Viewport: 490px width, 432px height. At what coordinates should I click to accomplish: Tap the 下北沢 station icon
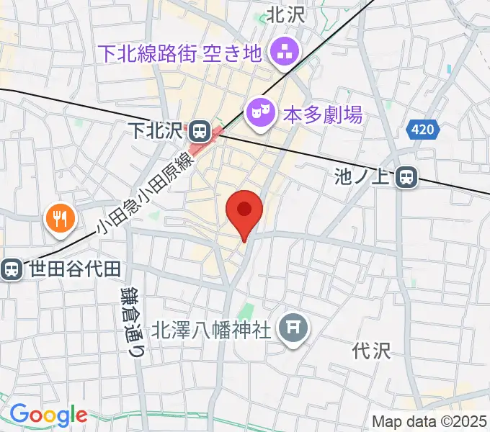tap(200, 131)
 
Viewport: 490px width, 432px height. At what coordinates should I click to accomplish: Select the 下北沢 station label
tap(156, 131)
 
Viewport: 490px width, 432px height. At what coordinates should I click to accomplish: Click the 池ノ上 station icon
tap(408, 176)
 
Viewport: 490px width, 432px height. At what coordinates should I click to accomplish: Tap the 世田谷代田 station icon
tap(12, 269)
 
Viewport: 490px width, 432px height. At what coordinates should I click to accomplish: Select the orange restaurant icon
tap(58, 217)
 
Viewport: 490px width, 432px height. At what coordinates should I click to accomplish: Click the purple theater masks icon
tap(259, 112)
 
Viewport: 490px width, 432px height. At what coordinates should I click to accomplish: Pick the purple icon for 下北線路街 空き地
tap(281, 51)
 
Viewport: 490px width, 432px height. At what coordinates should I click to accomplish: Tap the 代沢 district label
tap(371, 351)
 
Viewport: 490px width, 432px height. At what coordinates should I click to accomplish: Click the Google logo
tap(48, 414)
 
